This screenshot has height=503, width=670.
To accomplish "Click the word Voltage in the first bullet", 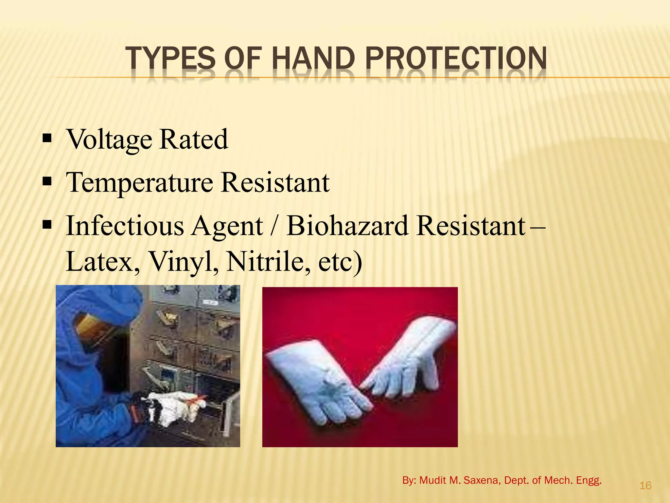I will pos(109,140).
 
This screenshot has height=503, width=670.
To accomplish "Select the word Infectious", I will pos(125,226).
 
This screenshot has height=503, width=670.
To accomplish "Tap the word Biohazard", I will pos(347,226).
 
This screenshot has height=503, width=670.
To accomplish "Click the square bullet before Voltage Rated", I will pos(47,139).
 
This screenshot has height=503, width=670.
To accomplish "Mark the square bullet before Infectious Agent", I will pos(47,225).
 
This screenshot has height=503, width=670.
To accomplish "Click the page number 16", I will pos(645,485).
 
